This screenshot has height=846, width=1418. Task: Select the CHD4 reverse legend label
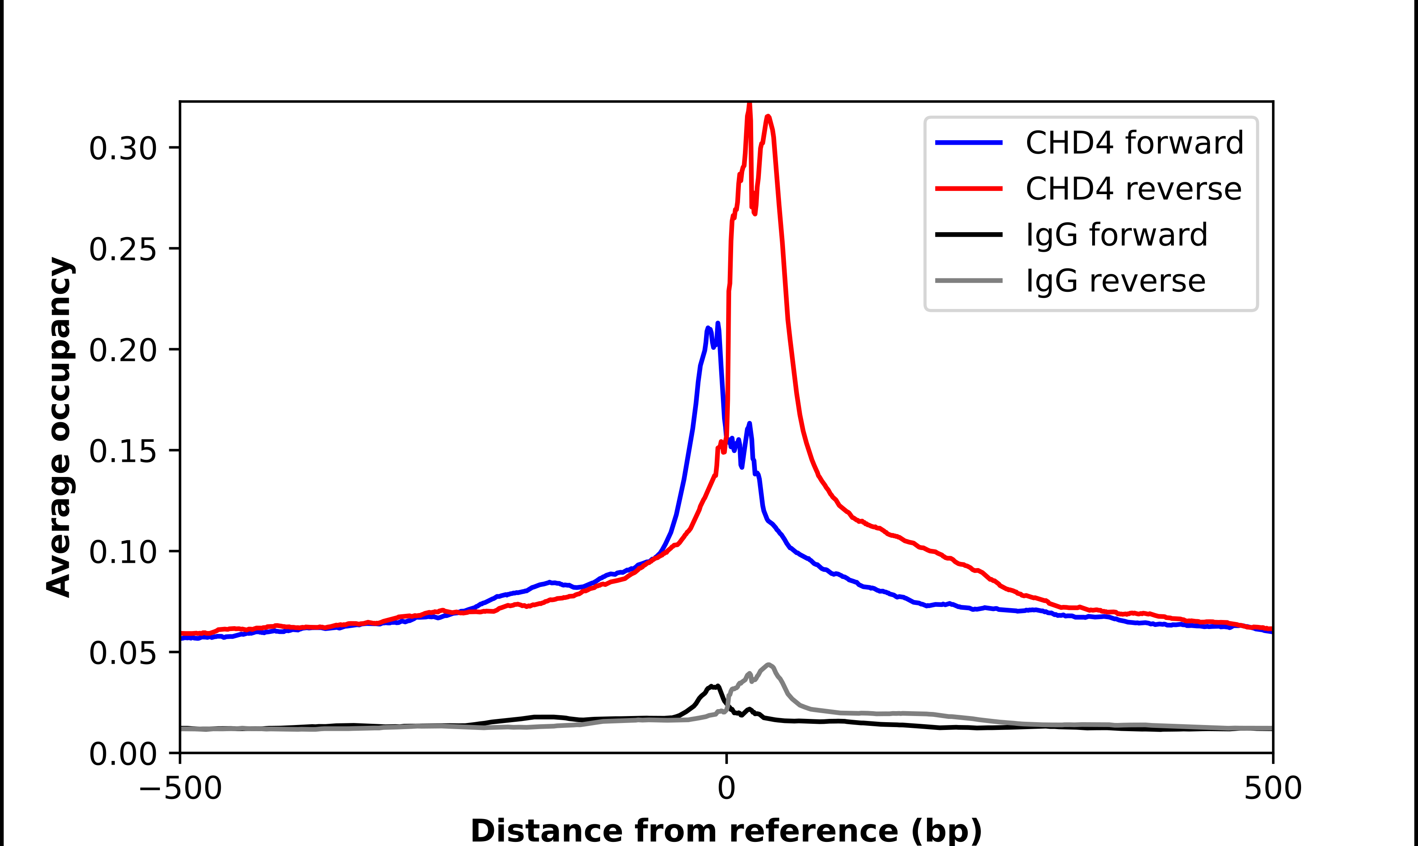click(1133, 189)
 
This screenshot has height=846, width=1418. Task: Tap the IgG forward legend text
click(1116, 235)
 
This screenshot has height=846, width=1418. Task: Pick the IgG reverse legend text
click(1115, 281)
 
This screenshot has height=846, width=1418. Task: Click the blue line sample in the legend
click(969, 143)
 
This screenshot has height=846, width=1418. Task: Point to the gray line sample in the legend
click(969, 280)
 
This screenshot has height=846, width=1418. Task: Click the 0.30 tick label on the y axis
click(123, 148)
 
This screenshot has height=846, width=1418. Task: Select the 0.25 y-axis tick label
click(123, 249)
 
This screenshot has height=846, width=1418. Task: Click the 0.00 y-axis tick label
click(123, 754)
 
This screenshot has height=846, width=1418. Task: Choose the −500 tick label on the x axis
click(180, 788)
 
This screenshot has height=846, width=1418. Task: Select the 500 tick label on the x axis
click(1272, 788)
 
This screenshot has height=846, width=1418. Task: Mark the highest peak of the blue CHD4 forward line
click(718, 323)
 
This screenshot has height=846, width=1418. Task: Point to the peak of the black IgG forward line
click(717, 686)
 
